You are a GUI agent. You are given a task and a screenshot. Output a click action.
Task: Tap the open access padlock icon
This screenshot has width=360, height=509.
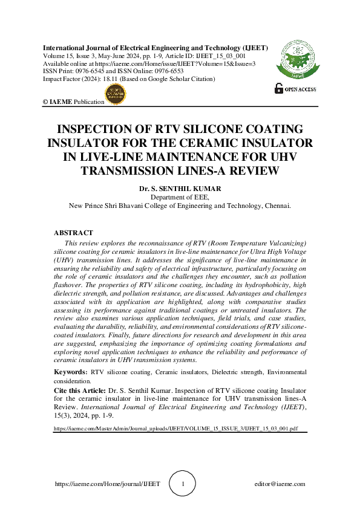click(278, 89)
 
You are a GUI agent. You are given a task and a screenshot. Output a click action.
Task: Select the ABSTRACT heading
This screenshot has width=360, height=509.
click(74, 233)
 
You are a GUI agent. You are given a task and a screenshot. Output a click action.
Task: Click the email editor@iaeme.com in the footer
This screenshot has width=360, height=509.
click(280, 484)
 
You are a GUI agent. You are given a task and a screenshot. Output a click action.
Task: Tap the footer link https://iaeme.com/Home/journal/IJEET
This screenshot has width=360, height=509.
click(107, 484)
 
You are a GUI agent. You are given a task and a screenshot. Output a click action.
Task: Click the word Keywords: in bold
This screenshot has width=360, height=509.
click(71, 372)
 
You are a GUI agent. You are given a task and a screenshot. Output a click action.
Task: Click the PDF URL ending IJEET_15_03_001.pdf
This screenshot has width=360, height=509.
click(175, 428)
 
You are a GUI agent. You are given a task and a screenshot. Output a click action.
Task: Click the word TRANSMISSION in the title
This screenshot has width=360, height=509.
click(128, 170)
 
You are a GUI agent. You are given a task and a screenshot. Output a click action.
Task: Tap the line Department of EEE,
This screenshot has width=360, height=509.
click(180, 197)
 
